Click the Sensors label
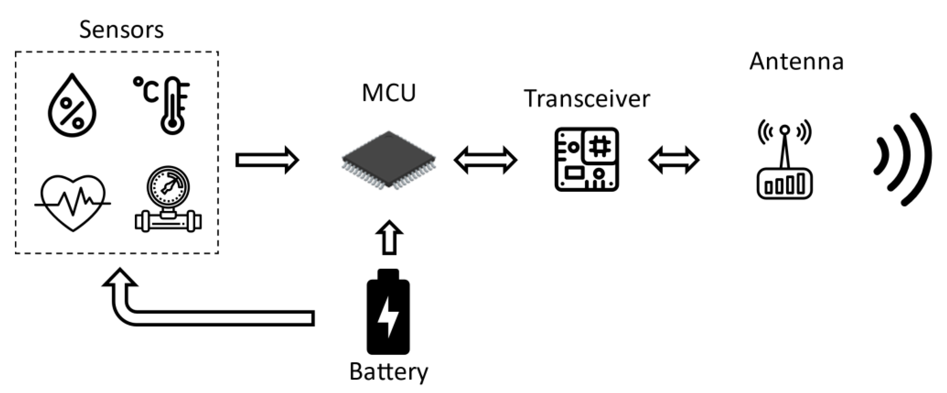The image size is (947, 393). coord(121,30)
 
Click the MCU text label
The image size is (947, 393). coord(389,93)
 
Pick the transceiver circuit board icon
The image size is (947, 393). coord(586,159)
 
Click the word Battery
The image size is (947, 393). coord(389,372)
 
